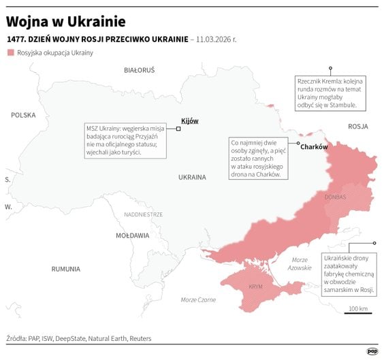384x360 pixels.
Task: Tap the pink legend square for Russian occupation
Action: tap(10, 52)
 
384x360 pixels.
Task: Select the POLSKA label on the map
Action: tap(22, 115)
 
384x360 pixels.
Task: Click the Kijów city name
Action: tap(189, 120)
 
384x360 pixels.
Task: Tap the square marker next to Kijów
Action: tap(178, 128)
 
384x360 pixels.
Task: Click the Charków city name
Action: tap(314, 147)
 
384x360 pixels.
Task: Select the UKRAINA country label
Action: tap(192, 177)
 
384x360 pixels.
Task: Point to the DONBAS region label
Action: tap(336, 197)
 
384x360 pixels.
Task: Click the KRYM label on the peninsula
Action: tap(256, 287)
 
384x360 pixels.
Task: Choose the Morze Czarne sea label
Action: tap(199, 300)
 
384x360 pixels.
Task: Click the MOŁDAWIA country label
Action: tap(132, 235)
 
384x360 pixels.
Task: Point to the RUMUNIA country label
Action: tap(65, 269)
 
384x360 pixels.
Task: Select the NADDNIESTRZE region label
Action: tap(143, 214)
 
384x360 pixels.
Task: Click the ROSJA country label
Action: tap(357, 127)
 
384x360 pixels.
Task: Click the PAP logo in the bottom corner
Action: tap(372, 351)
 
